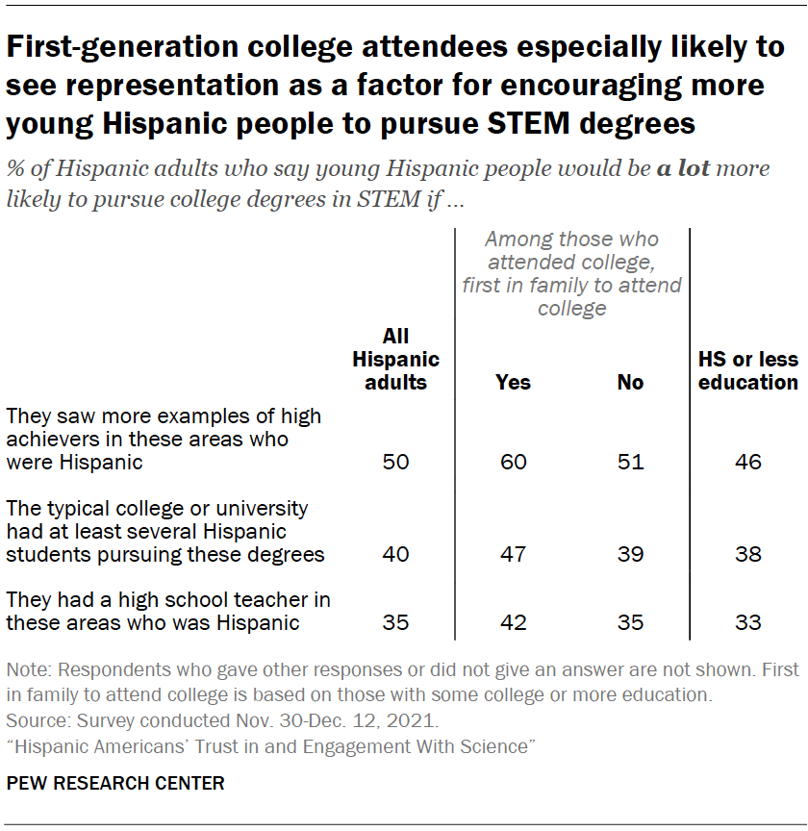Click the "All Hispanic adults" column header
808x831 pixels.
point(395,359)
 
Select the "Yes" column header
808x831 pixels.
point(513,382)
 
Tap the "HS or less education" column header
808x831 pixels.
point(747,370)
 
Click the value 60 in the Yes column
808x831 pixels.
point(513,463)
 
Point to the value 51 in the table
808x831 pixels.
point(630,463)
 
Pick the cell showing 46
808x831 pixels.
point(747,463)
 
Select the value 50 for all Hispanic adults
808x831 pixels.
point(395,463)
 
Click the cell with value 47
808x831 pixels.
point(513,555)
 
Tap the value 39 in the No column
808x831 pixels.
point(630,555)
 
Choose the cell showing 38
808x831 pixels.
point(747,555)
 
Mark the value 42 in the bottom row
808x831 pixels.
point(513,622)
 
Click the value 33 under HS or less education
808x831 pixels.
point(747,622)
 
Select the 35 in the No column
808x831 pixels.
point(630,622)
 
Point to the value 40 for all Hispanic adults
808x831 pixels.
point(395,555)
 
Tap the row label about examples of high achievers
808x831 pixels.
point(164,439)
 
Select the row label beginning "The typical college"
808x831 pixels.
point(165,531)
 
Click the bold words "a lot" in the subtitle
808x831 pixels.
point(683,169)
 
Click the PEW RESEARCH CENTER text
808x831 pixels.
point(115,783)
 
